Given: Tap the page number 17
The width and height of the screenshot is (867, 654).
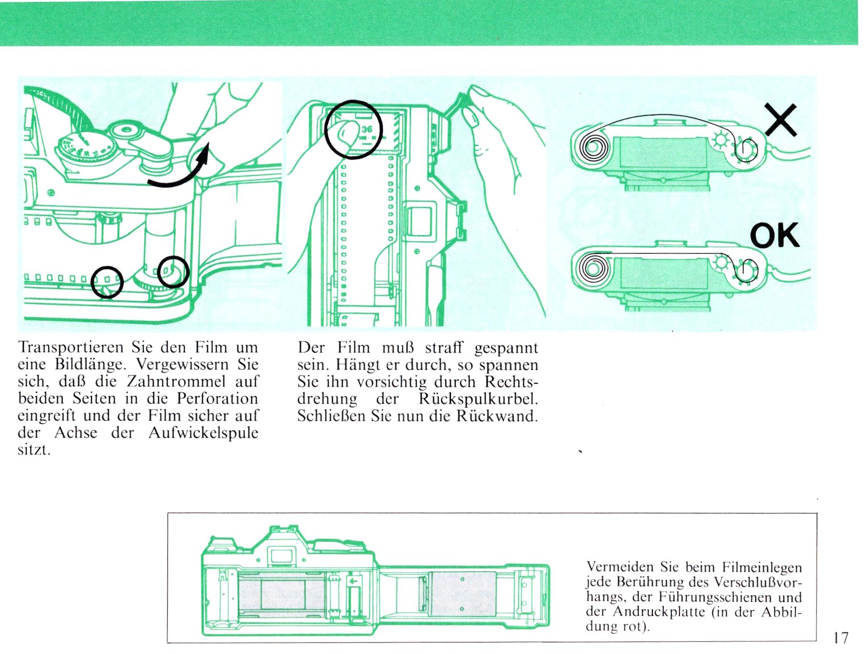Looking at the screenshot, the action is (x=841, y=638).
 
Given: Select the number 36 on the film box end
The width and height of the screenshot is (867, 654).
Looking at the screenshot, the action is (x=367, y=129).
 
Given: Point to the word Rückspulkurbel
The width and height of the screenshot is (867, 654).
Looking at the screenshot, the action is (x=478, y=400).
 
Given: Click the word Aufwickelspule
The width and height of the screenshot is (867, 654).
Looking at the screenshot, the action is (x=203, y=433).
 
